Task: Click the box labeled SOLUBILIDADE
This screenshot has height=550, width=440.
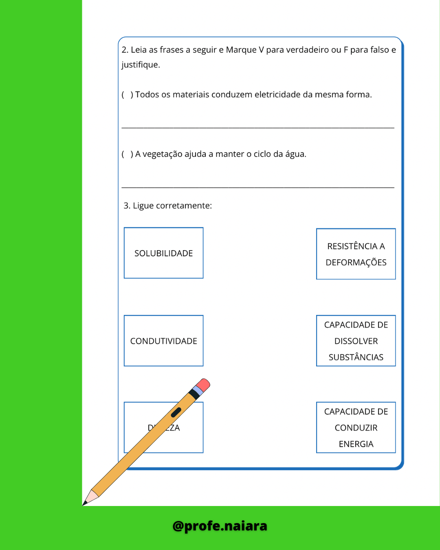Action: [x=163, y=253]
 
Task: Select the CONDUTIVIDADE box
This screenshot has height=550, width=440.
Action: [x=163, y=341]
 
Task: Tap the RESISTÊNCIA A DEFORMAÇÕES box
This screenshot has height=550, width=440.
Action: [x=356, y=254]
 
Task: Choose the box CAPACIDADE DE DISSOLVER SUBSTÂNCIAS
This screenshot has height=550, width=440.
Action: [x=356, y=341]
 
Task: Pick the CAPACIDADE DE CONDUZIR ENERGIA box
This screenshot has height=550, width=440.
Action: [x=356, y=428]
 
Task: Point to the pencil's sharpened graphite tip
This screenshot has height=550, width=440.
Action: [x=85, y=504]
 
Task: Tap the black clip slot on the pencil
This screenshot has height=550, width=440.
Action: [x=176, y=412]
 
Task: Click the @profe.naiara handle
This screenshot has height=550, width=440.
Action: [x=220, y=526]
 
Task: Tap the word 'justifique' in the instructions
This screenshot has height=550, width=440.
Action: [x=141, y=65]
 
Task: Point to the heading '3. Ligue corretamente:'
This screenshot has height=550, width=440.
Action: [x=168, y=206]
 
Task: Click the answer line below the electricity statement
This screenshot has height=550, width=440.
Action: [x=258, y=127]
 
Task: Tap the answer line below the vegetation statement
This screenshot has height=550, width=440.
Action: [x=258, y=187]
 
